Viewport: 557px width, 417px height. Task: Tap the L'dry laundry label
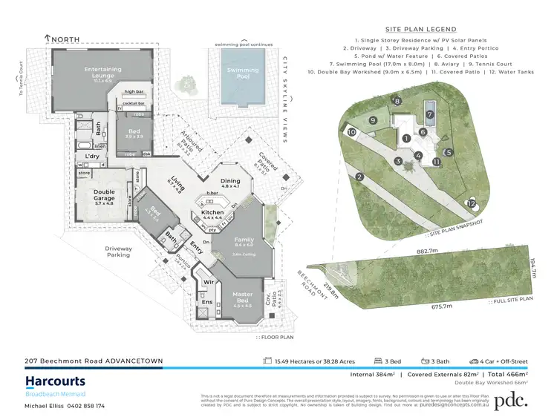coord(93,157)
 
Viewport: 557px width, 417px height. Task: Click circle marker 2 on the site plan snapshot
coord(359,177)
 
